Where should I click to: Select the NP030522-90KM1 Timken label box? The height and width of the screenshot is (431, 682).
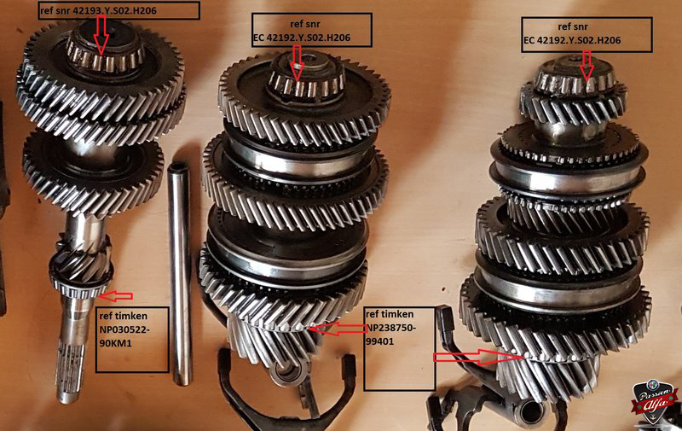[x=132, y=340]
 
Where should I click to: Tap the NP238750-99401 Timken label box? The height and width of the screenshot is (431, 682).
[x=399, y=349]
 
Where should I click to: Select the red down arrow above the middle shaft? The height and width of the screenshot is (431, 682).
[x=297, y=63]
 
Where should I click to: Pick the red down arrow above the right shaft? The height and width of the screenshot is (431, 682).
[x=587, y=66]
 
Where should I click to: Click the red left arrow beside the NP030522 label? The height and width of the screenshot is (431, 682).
[x=116, y=296]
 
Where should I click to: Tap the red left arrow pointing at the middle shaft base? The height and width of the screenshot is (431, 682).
[x=337, y=329]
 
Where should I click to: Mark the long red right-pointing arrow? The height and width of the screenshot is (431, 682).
[x=478, y=357]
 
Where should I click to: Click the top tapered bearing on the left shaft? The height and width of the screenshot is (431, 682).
[x=106, y=50]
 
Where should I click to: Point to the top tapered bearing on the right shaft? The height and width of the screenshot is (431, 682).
[x=575, y=78]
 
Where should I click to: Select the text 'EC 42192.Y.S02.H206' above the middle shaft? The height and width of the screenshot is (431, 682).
[x=303, y=38]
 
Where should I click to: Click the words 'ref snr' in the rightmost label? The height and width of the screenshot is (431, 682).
[x=573, y=27]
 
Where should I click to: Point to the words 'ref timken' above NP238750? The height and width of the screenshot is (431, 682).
[x=390, y=314]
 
